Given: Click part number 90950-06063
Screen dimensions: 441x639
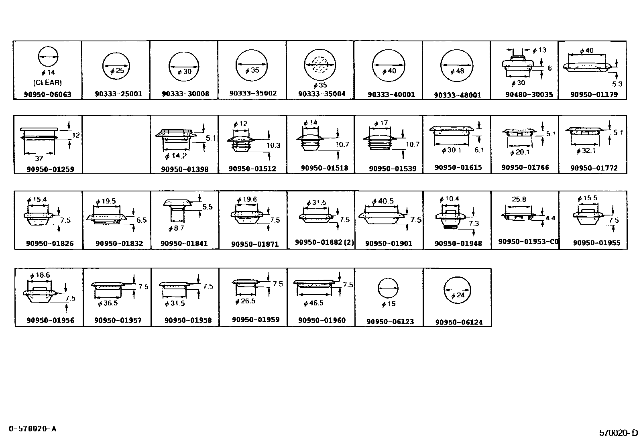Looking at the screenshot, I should (48, 95).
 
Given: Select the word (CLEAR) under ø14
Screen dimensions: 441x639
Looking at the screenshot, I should (48, 83).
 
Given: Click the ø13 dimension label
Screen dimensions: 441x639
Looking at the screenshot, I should (539, 50).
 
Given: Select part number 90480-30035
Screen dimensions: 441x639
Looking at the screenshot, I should (529, 95).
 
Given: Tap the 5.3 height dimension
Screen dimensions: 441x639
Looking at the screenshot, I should (617, 84).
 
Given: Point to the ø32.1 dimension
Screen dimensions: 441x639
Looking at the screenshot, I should (586, 151).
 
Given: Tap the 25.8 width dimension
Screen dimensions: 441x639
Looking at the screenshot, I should (519, 199).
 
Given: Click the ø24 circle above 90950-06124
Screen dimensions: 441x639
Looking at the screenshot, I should (458, 291).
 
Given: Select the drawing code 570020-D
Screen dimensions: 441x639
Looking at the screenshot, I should (618, 433).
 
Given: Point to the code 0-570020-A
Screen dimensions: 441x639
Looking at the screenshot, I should (33, 429).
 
